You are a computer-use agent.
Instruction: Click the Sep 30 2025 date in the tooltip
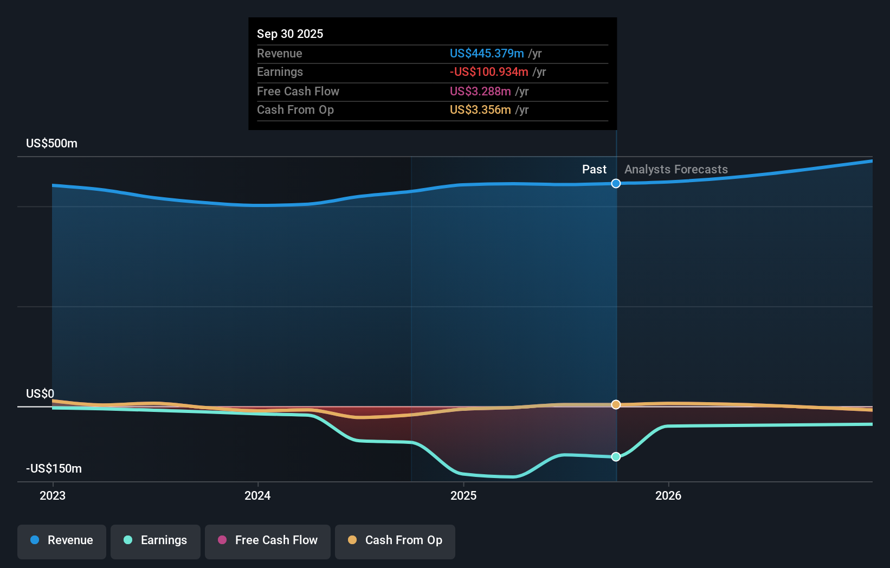(x=290, y=34)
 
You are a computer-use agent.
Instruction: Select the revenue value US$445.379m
(x=487, y=53)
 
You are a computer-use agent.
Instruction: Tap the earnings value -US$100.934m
(x=489, y=72)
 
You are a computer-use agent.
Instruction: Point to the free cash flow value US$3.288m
(x=480, y=91)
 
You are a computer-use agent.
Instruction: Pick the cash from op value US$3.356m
(x=480, y=109)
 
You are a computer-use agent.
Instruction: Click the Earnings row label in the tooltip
(x=280, y=72)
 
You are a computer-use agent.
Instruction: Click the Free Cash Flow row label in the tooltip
(x=298, y=91)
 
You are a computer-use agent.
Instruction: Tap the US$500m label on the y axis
(x=51, y=143)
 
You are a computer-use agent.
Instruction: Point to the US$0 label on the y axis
(x=40, y=393)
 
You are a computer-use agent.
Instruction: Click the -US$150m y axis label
(x=54, y=468)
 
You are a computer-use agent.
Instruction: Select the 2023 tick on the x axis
(x=53, y=495)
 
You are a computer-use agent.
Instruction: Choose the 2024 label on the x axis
(x=257, y=495)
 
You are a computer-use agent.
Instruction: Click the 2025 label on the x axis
(x=463, y=495)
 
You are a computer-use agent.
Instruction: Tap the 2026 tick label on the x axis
(x=668, y=495)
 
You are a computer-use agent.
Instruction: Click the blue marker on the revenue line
(x=616, y=184)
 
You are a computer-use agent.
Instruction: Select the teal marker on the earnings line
(x=616, y=457)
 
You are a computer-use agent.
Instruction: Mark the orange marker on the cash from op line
(x=616, y=405)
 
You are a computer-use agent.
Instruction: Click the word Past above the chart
(x=594, y=169)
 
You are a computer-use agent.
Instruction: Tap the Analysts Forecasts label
(x=676, y=169)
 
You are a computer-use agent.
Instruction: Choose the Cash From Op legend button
(x=395, y=540)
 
